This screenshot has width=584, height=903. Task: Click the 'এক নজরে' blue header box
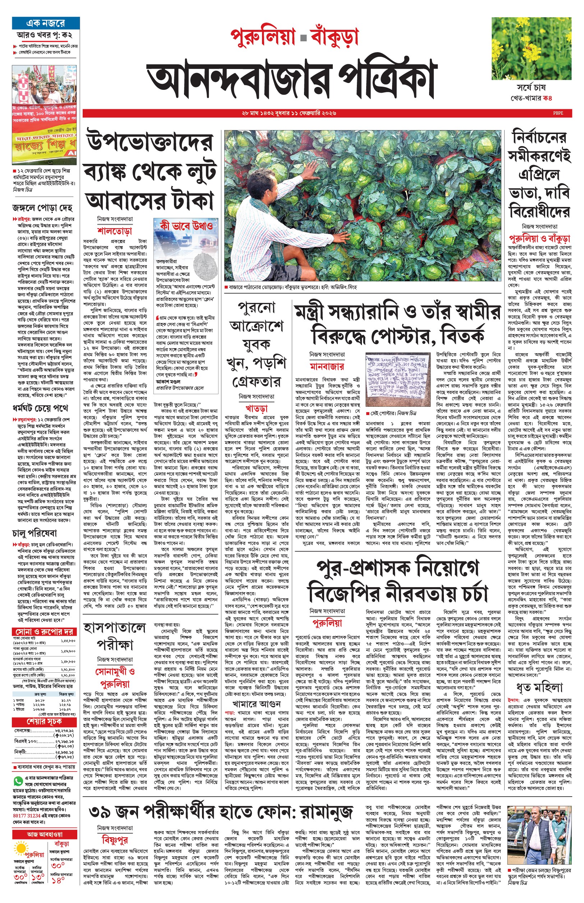tap(46, 23)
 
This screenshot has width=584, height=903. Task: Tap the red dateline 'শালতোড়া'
tap(115, 231)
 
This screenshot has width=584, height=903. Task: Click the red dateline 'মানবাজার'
tap(327, 366)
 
